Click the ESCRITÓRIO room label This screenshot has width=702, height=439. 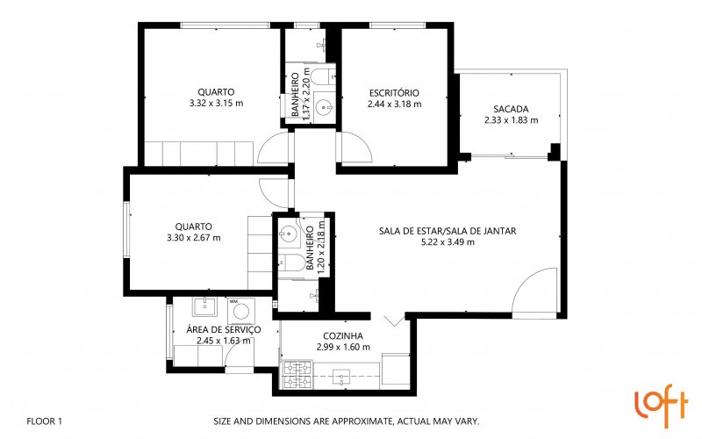tap(394, 93)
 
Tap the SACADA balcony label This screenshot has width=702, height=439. tap(511, 109)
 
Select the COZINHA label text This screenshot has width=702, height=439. tap(343, 336)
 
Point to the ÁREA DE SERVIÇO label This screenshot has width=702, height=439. tap(224, 330)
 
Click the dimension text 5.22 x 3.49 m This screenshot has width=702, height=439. tap(448, 242)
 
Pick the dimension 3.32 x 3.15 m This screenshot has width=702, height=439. tap(216, 103)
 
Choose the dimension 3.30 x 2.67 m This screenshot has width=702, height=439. tap(194, 238)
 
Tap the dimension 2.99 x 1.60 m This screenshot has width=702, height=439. tap(343, 347)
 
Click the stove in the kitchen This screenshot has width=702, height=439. tap(297, 375)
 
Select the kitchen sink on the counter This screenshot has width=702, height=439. tap(343, 378)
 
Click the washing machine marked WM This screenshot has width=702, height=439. tap(241, 311)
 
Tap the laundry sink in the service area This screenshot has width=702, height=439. tap(205, 306)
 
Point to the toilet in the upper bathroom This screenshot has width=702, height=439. tap(322, 77)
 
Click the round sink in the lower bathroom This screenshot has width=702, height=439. tap(289, 234)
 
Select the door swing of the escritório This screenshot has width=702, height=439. tap(357, 147)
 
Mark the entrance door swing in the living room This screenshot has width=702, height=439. tap(534, 291)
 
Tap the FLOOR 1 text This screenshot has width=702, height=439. tap(45, 421)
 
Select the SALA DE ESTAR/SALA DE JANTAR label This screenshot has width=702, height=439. tap(448, 231)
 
